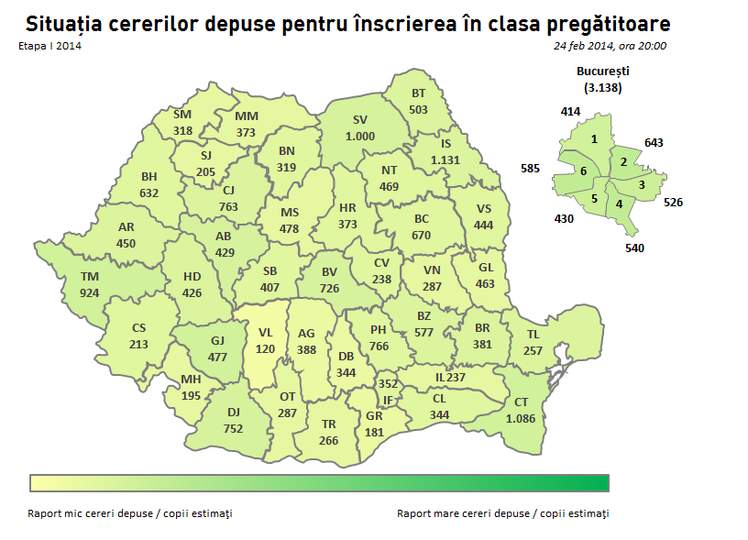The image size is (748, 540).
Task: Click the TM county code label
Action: (90, 276)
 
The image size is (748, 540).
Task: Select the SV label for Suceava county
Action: (360, 120)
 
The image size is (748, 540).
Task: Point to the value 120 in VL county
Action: (266, 349)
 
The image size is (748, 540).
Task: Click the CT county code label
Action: (522, 402)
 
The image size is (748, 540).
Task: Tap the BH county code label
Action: (149, 177)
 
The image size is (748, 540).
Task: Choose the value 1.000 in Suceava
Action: (360, 136)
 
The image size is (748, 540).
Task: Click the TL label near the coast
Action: (533, 336)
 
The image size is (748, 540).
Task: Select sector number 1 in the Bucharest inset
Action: (595, 138)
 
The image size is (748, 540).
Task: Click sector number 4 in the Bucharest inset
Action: (620, 203)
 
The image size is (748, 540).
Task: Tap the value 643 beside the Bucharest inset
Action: (654, 143)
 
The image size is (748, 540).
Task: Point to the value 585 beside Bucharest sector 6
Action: (530, 169)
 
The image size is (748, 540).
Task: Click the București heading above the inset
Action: (602, 71)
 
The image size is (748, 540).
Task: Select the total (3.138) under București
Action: (602, 88)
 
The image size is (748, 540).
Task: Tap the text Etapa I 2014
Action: (49, 45)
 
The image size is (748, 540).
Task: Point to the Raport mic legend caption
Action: (130, 513)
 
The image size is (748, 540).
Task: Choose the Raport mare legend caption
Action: (502, 513)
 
